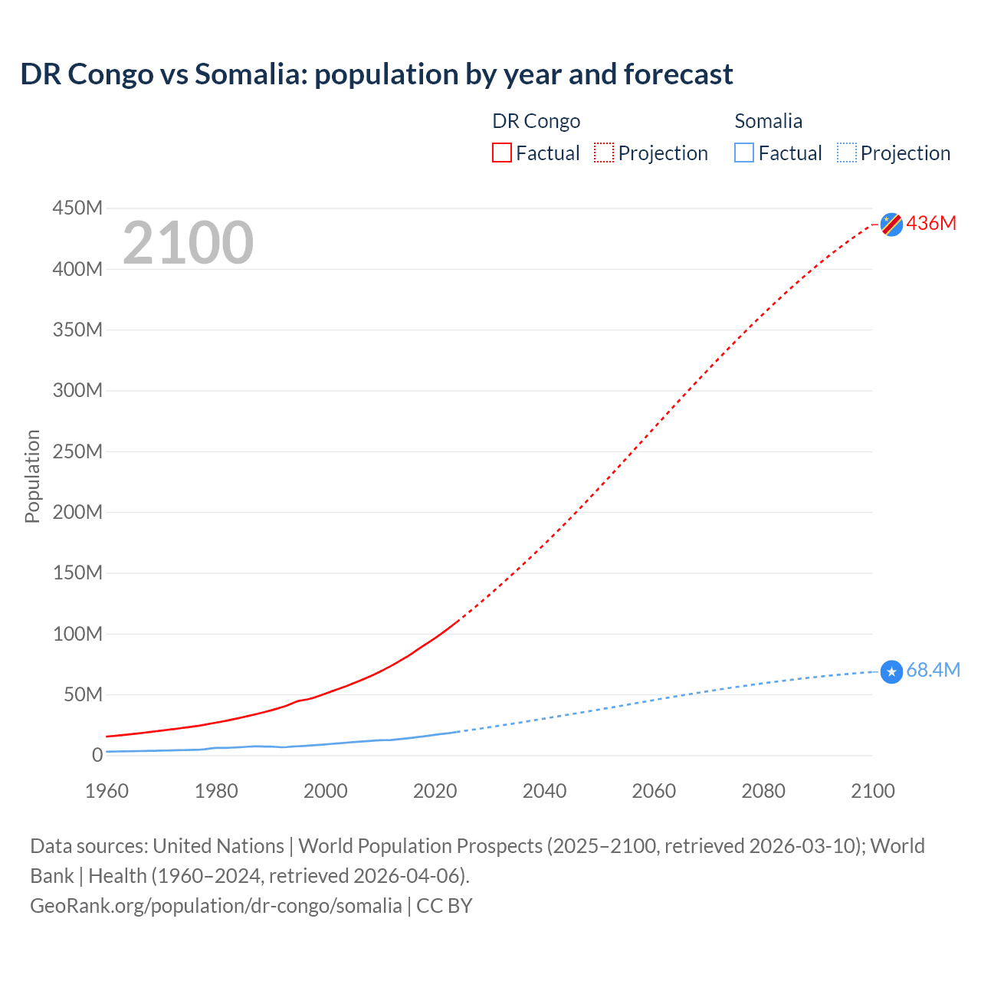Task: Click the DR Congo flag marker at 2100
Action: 891,225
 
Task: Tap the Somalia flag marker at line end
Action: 891,672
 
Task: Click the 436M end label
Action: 931,224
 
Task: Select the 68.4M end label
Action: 933,671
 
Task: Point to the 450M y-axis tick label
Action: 77,208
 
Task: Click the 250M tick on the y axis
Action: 77,451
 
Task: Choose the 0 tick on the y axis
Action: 97,756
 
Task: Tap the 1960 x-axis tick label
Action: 107,791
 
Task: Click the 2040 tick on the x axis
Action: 544,791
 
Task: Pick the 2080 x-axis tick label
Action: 763,791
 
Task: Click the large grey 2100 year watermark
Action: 188,243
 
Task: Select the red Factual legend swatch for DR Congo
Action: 502,153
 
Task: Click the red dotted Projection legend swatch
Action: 604,153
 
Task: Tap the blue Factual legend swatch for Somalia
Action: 744,153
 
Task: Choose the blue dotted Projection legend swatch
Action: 846,153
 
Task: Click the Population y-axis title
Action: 32,477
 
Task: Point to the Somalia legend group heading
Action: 768,121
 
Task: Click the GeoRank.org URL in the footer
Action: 215,906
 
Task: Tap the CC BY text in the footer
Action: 445,906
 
